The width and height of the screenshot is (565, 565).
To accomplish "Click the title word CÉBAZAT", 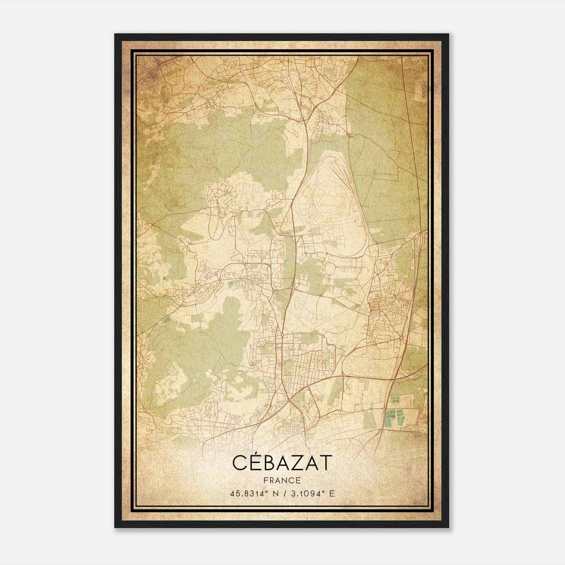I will point(282,463).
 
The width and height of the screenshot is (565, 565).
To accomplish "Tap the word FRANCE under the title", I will point(282,480).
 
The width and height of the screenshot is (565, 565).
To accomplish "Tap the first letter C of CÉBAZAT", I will point(239,463).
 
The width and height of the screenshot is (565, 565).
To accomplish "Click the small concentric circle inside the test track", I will point(312,214).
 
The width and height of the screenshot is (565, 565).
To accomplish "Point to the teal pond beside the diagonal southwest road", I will point(166,321).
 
